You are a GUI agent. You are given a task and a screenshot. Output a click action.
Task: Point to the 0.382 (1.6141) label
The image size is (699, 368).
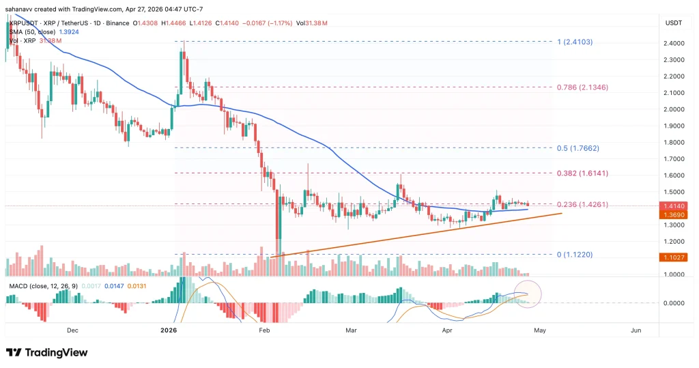[x=582, y=173]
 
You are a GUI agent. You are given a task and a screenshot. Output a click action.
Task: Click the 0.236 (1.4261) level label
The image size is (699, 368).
[x=582, y=204]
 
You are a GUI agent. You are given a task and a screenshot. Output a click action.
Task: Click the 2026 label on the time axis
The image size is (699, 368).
[x=169, y=330]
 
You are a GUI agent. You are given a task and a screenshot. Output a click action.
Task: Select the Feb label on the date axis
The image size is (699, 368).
[x=266, y=330]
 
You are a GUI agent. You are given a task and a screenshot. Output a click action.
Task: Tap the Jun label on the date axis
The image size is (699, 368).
[x=636, y=330]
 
